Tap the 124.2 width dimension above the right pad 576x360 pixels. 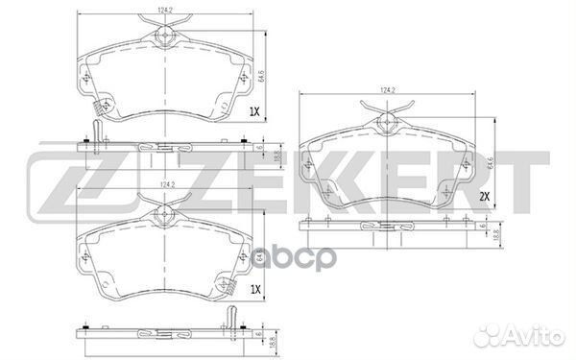388,90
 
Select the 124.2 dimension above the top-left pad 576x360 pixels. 167,11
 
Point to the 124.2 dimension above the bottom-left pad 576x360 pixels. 167,183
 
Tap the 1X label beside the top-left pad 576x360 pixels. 254,112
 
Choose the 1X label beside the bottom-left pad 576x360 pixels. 254,288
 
